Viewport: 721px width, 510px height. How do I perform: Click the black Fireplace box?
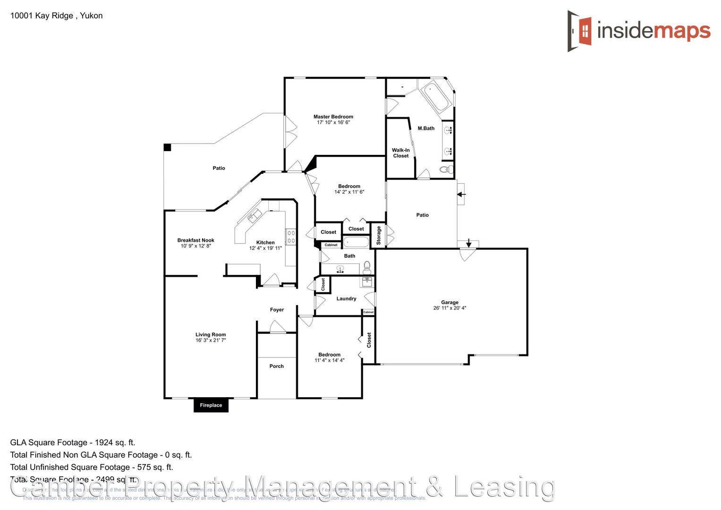pos(211,405)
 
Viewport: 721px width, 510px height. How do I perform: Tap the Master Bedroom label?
pos(333,117)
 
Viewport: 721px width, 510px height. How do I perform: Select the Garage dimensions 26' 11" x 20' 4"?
pos(450,308)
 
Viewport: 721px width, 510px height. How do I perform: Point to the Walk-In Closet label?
pos(400,153)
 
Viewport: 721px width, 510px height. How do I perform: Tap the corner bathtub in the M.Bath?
pos(435,97)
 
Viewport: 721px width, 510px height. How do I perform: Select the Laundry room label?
pos(346,298)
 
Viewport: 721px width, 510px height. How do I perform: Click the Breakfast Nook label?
pos(195,240)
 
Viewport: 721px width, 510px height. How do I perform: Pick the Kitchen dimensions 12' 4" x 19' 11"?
pos(265,248)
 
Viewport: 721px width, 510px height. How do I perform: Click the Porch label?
pos(277,366)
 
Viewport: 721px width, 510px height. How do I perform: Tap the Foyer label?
pos(277,310)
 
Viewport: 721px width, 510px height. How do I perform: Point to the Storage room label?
pos(379,235)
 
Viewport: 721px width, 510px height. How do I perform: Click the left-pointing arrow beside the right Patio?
pos(461,194)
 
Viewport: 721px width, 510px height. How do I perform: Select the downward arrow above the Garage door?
pos(468,243)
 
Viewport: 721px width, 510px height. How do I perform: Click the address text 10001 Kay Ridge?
pos(42,16)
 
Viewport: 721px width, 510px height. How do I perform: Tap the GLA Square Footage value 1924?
pos(103,442)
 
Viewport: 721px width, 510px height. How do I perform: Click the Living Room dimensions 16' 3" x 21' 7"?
pos(211,340)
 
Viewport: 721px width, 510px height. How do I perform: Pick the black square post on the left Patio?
pos(167,147)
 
